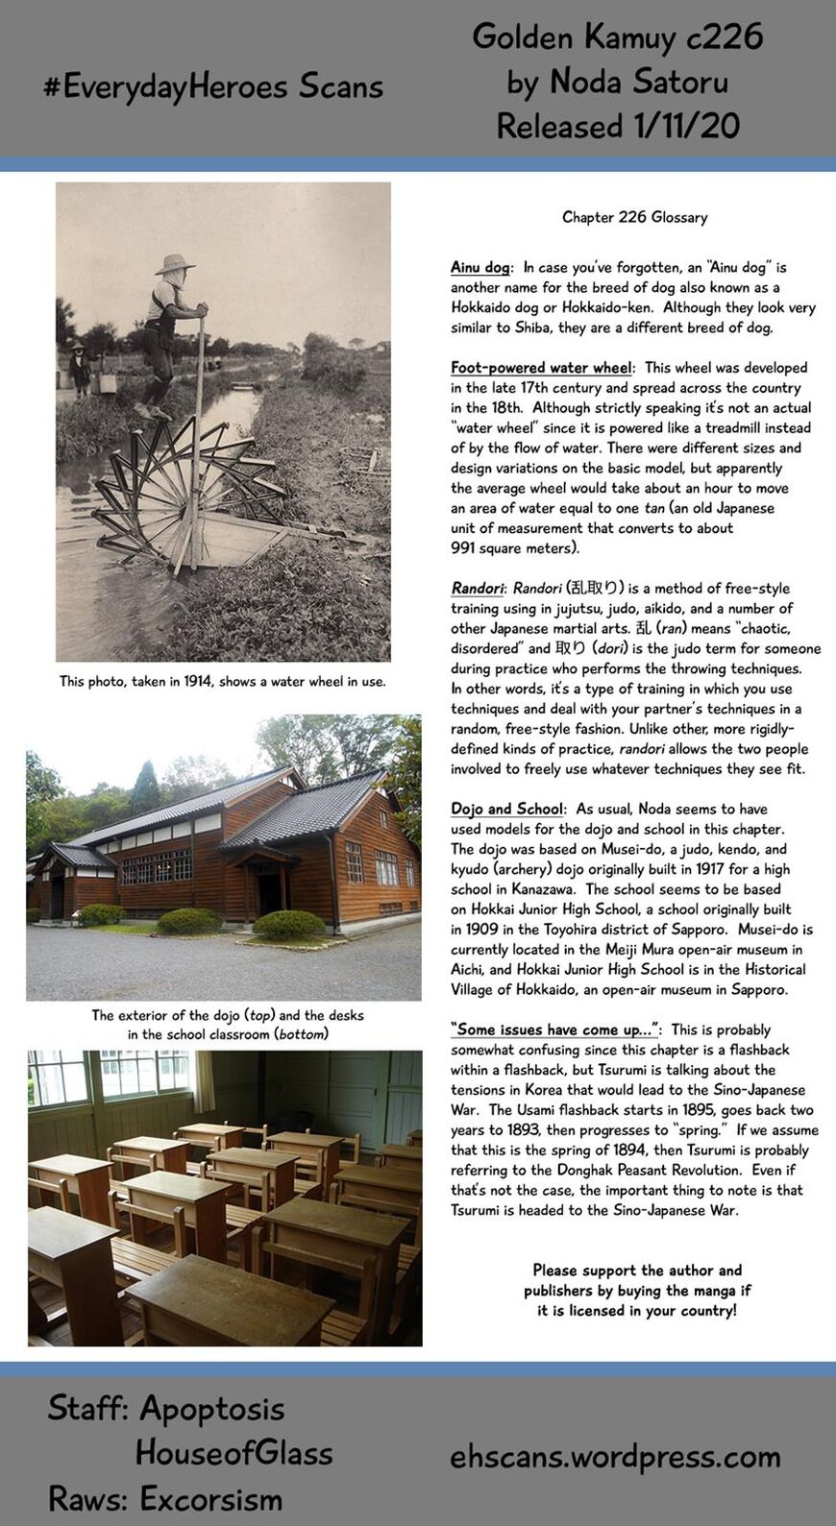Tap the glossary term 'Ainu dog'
[480, 267]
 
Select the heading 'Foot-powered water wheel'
[541, 367]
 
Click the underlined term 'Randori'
[477, 588]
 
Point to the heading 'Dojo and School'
[506, 809]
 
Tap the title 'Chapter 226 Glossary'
[634, 217]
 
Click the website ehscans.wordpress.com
[615, 1457]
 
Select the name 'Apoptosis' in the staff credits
[212, 1409]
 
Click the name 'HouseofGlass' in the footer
[234, 1453]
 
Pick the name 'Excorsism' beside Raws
[211, 1498]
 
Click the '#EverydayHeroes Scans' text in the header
[213, 86]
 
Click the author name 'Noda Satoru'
[638, 82]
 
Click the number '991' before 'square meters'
[463, 547]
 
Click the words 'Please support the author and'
[637, 1270]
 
